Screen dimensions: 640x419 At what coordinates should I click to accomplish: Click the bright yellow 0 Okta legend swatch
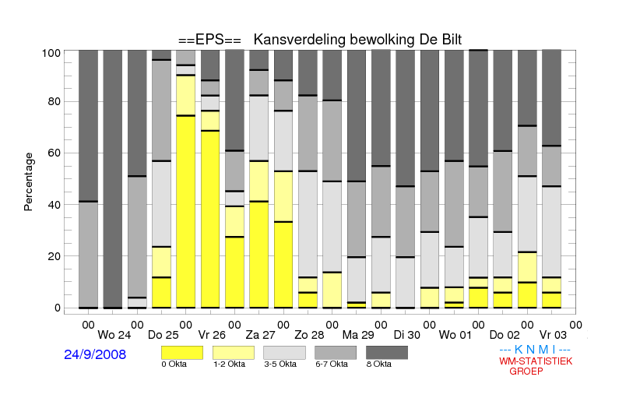point(182,353)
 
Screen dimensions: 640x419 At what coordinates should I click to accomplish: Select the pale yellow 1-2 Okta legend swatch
point(234,353)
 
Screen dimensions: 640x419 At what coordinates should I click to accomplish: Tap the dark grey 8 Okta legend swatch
point(387,353)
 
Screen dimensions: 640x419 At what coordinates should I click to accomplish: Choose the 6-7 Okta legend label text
point(332,364)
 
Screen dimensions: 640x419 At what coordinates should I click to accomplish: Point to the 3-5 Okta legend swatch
point(284,353)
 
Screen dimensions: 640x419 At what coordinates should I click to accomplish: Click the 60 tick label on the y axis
point(54,153)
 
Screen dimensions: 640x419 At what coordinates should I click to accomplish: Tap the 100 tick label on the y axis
point(51,54)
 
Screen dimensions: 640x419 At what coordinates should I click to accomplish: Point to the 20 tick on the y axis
point(54,256)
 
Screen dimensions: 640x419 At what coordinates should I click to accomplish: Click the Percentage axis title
point(28,181)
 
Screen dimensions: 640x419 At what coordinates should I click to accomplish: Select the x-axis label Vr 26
point(212,336)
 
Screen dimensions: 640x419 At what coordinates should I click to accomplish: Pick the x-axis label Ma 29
point(358,336)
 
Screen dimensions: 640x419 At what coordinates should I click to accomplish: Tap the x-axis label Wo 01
point(455,336)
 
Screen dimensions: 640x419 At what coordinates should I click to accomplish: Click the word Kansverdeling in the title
point(300,40)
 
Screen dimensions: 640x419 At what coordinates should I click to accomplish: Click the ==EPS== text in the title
point(209,40)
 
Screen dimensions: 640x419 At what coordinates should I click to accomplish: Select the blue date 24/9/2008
point(95,354)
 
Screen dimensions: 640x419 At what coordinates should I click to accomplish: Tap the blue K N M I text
point(535,350)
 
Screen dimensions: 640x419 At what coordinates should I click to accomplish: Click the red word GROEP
point(526,371)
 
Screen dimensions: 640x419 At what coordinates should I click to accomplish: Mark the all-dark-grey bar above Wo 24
point(113,179)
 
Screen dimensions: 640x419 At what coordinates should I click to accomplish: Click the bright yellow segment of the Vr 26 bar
point(210,220)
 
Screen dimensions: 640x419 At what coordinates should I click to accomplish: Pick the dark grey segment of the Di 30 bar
point(406,118)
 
